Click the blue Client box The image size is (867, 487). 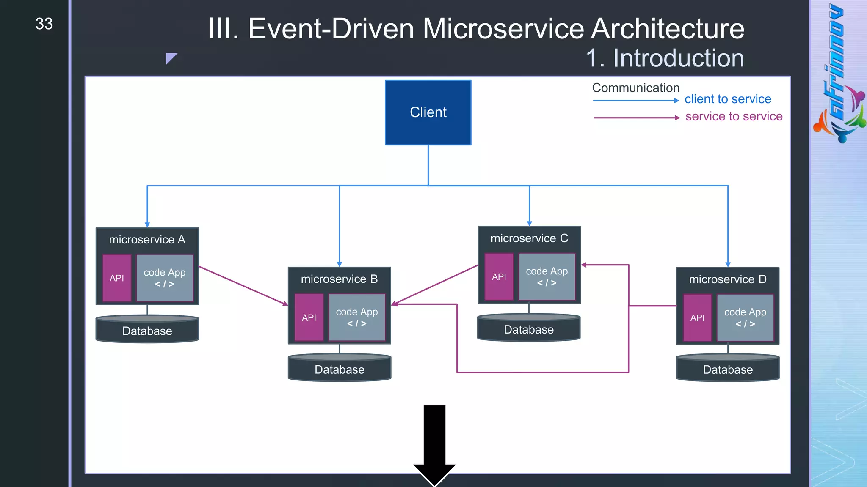[x=428, y=112]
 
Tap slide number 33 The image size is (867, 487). [x=44, y=24]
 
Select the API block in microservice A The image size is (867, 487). [x=117, y=278]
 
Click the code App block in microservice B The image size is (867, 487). [x=357, y=317]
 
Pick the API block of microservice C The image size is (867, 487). [x=499, y=277]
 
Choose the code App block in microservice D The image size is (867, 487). [x=745, y=317]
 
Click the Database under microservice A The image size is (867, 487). [x=147, y=330]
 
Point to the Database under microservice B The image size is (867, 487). [x=339, y=369]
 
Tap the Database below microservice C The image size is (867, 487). [x=529, y=329]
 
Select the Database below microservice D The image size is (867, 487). [x=728, y=369]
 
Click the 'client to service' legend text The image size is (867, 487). [x=728, y=99]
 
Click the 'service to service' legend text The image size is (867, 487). [x=734, y=116]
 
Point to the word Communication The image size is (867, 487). [x=635, y=88]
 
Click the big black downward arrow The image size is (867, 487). [x=434, y=444]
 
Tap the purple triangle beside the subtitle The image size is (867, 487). [x=170, y=57]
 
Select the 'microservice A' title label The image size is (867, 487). [x=147, y=240]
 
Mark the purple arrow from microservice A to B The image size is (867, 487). [x=243, y=286]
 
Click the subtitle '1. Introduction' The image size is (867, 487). [x=665, y=58]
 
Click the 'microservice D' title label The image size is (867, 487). [x=727, y=279]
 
